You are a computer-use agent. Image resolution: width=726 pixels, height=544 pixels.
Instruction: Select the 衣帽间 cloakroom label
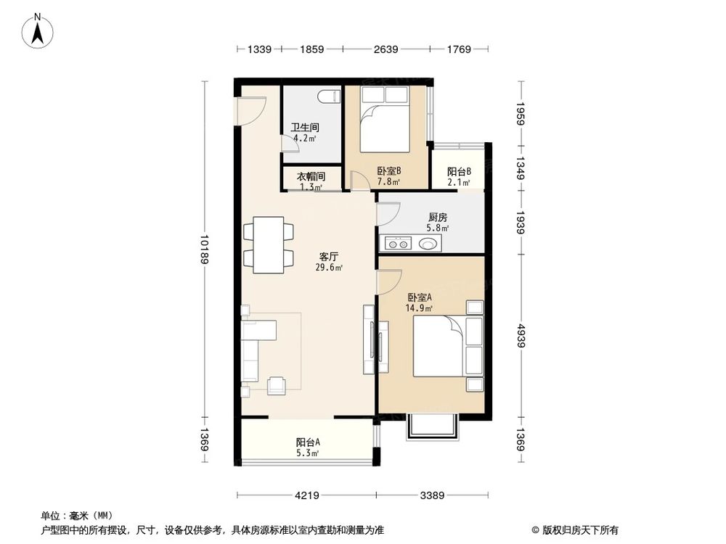click(310, 176)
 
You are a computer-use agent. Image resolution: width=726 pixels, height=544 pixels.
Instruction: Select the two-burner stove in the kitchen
click(396, 243)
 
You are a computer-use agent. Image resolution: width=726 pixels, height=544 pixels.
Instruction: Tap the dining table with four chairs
click(269, 244)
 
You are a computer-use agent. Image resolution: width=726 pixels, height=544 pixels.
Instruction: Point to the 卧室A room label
click(420, 297)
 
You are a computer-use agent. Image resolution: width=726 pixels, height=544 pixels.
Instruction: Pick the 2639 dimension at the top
click(386, 49)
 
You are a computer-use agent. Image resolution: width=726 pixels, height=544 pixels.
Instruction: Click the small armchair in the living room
click(277, 386)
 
